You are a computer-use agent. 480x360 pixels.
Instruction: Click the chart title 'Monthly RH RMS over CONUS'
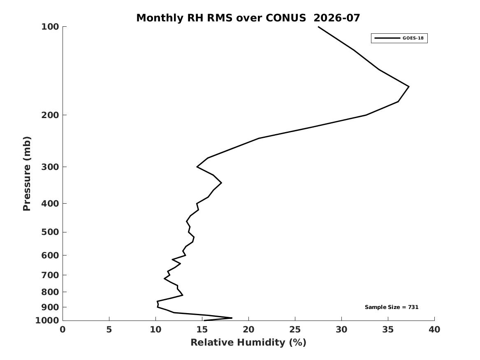(x=221, y=18)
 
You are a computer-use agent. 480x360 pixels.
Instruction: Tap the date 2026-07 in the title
(x=337, y=18)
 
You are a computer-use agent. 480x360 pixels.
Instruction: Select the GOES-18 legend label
(x=413, y=38)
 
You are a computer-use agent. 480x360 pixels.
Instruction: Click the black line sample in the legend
(x=387, y=38)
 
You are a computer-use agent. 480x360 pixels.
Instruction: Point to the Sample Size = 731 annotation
(x=392, y=307)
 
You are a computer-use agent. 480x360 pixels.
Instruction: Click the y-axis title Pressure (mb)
(x=27, y=174)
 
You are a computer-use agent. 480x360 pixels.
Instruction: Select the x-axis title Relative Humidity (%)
(x=248, y=342)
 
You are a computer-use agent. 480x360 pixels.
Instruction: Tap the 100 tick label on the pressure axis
(x=50, y=27)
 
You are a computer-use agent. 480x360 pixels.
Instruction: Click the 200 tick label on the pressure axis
(x=50, y=115)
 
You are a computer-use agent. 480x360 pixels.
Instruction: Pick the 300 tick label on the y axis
(x=50, y=167)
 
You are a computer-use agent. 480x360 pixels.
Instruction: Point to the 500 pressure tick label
(x=50, y=232)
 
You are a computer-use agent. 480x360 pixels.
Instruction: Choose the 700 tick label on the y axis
(x=50, y=275)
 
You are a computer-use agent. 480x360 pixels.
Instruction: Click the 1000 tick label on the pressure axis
(x=47, y=321)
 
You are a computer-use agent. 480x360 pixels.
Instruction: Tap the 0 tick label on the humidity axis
(x=63, y=330)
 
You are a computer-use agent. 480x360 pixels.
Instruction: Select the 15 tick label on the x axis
(x=202, y=330)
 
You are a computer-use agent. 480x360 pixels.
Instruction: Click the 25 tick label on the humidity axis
(x=295, y=330)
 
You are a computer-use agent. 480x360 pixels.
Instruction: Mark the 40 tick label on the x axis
(x=434, y=330)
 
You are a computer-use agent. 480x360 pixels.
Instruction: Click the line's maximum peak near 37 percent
(x=409, y=87)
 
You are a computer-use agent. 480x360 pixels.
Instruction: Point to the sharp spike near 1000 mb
(x=232, y=318)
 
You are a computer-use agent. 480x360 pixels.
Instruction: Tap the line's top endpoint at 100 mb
(x=318, y=27)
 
